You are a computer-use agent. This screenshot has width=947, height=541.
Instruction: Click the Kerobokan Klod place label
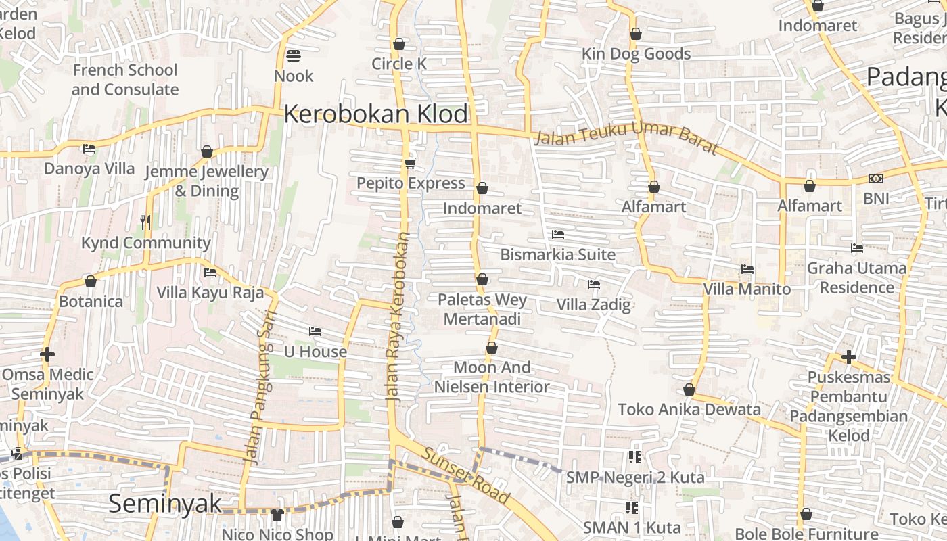(375, 114)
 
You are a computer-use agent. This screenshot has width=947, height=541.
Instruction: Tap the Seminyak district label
(165, 504)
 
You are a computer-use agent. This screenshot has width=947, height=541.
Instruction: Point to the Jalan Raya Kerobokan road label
(399, 318)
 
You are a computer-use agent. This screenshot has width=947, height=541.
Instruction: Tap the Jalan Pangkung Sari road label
(260, 387)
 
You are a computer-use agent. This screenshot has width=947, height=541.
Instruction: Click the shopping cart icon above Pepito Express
(410, 163)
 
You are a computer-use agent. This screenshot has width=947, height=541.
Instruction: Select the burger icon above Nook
(294, 55)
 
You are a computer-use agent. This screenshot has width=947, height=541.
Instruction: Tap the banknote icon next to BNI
(876, 179)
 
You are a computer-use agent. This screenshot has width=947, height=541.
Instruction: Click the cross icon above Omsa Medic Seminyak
(47, 354)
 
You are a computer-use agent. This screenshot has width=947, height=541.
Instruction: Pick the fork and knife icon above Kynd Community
(145, 222)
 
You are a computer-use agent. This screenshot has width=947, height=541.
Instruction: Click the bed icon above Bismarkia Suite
(558, 235)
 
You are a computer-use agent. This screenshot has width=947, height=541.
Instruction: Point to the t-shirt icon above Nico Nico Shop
(277, 515)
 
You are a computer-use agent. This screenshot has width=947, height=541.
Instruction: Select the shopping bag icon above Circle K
(399, 44)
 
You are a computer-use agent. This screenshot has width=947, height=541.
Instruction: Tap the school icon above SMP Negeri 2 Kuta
(634, 457)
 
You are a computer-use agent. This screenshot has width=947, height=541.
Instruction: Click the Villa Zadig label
(593, 305)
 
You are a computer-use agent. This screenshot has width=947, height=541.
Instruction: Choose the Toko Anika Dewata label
(689, 409)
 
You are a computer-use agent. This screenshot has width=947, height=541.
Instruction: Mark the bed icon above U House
(315, 331)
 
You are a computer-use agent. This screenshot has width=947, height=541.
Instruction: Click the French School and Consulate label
(125, 80)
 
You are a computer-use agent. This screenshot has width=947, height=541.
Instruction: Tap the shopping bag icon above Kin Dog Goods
(636, 34)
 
